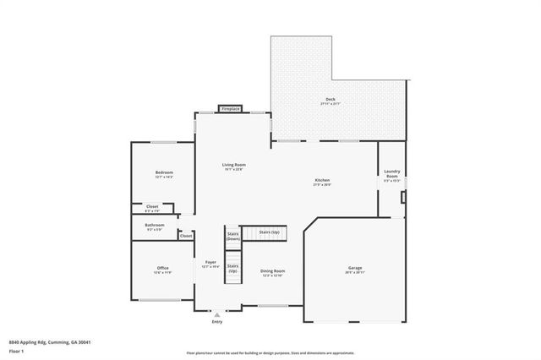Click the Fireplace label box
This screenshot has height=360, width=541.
pyautogui.click(x=230, y=109)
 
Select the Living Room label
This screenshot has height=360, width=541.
pyautogui.click(x=234, y=165)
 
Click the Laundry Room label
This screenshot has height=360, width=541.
pyautogui.click(x=391, y=176)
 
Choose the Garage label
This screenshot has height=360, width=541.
pyautogui.click(x=354, y=270)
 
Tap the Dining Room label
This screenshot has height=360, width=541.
pyautogui.click(x=271, y=272)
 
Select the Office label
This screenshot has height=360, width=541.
pyautogui.click(x=162, y=270)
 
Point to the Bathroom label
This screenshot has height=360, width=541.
pyautogui.click(x=154, y=226)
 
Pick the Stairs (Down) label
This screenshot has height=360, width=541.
pyautogui.click(x=233, y=236)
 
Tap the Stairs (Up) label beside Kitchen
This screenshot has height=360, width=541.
pyautogui.click(x=270, y=232)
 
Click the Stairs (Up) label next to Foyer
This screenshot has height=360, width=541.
pyautogui.click(x=232, y=268)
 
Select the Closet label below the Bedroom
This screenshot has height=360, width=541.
pyautogui.click(x=152, y=207)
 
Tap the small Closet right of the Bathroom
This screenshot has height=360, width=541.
pyautogui.click(x=185, y=236)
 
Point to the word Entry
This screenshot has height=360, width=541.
pyautogui.click(x=217, y=322)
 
